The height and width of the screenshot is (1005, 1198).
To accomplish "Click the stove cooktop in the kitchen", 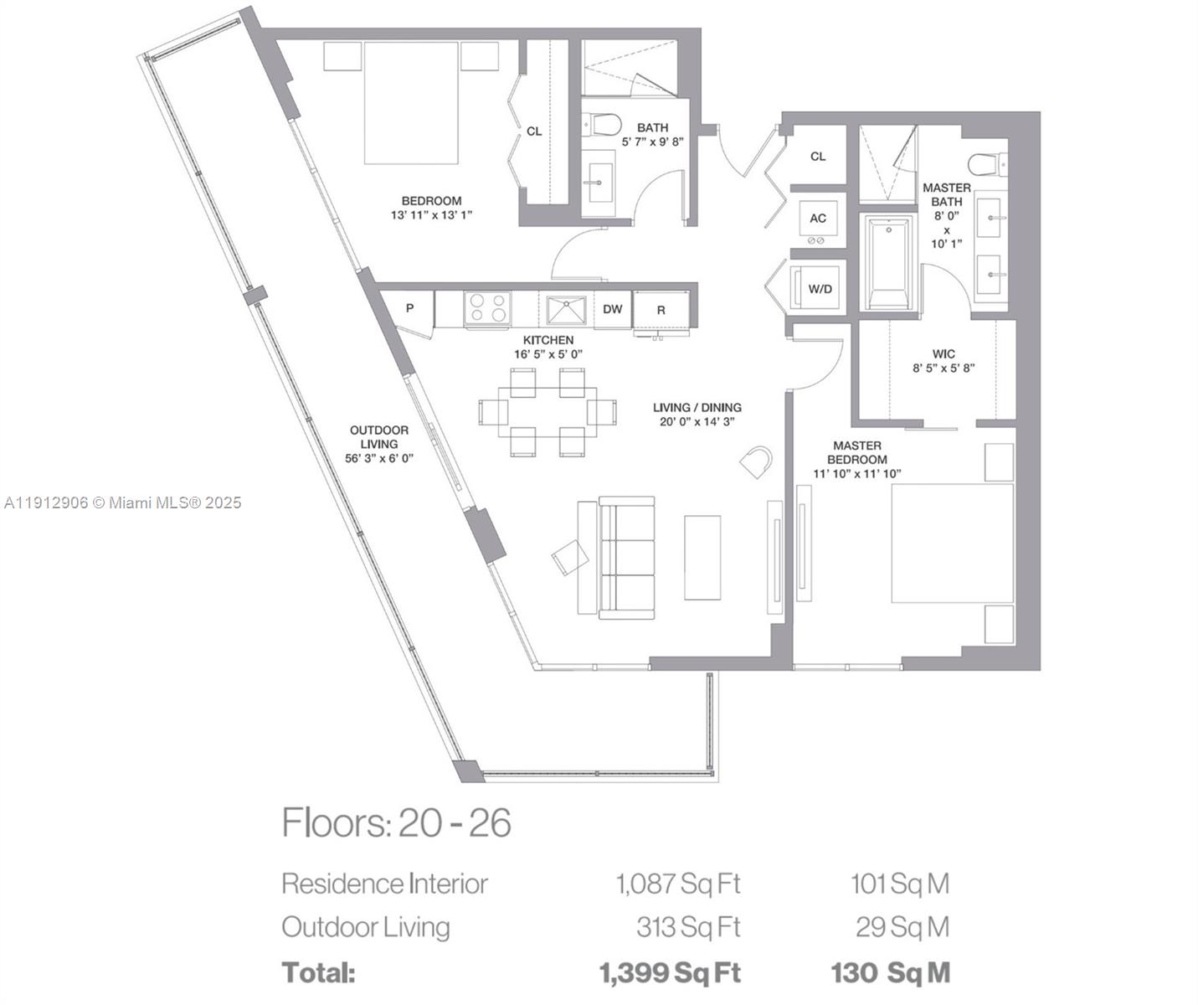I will [x=487, y=307].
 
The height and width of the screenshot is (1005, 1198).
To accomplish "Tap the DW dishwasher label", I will [x=613, y=309].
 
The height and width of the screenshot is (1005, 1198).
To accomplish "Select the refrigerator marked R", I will [x=661, y=310].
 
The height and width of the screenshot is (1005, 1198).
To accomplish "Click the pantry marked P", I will [x=409, y=308].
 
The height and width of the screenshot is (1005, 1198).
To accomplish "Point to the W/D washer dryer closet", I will [x=820, y=289].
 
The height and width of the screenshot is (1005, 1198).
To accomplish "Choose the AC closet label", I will [x=818, y=219].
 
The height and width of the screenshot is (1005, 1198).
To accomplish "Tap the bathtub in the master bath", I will [x=888, y=262].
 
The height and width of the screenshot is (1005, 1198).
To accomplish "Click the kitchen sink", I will [x=568, y=309].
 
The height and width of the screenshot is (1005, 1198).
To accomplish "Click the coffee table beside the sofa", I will [x=702, y=558].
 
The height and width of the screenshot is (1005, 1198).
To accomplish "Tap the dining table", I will [x=548, y=411].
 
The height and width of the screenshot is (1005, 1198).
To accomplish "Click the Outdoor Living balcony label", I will [x=379, y=444].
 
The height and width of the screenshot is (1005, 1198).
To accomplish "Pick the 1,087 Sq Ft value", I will [x=678, y=884].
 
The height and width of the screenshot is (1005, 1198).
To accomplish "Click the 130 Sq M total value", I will [x=890, y=973].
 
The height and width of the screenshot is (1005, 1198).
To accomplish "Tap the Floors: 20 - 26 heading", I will [x=396, y=823].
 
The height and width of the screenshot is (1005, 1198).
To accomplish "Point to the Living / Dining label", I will [x=697, y=415].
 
